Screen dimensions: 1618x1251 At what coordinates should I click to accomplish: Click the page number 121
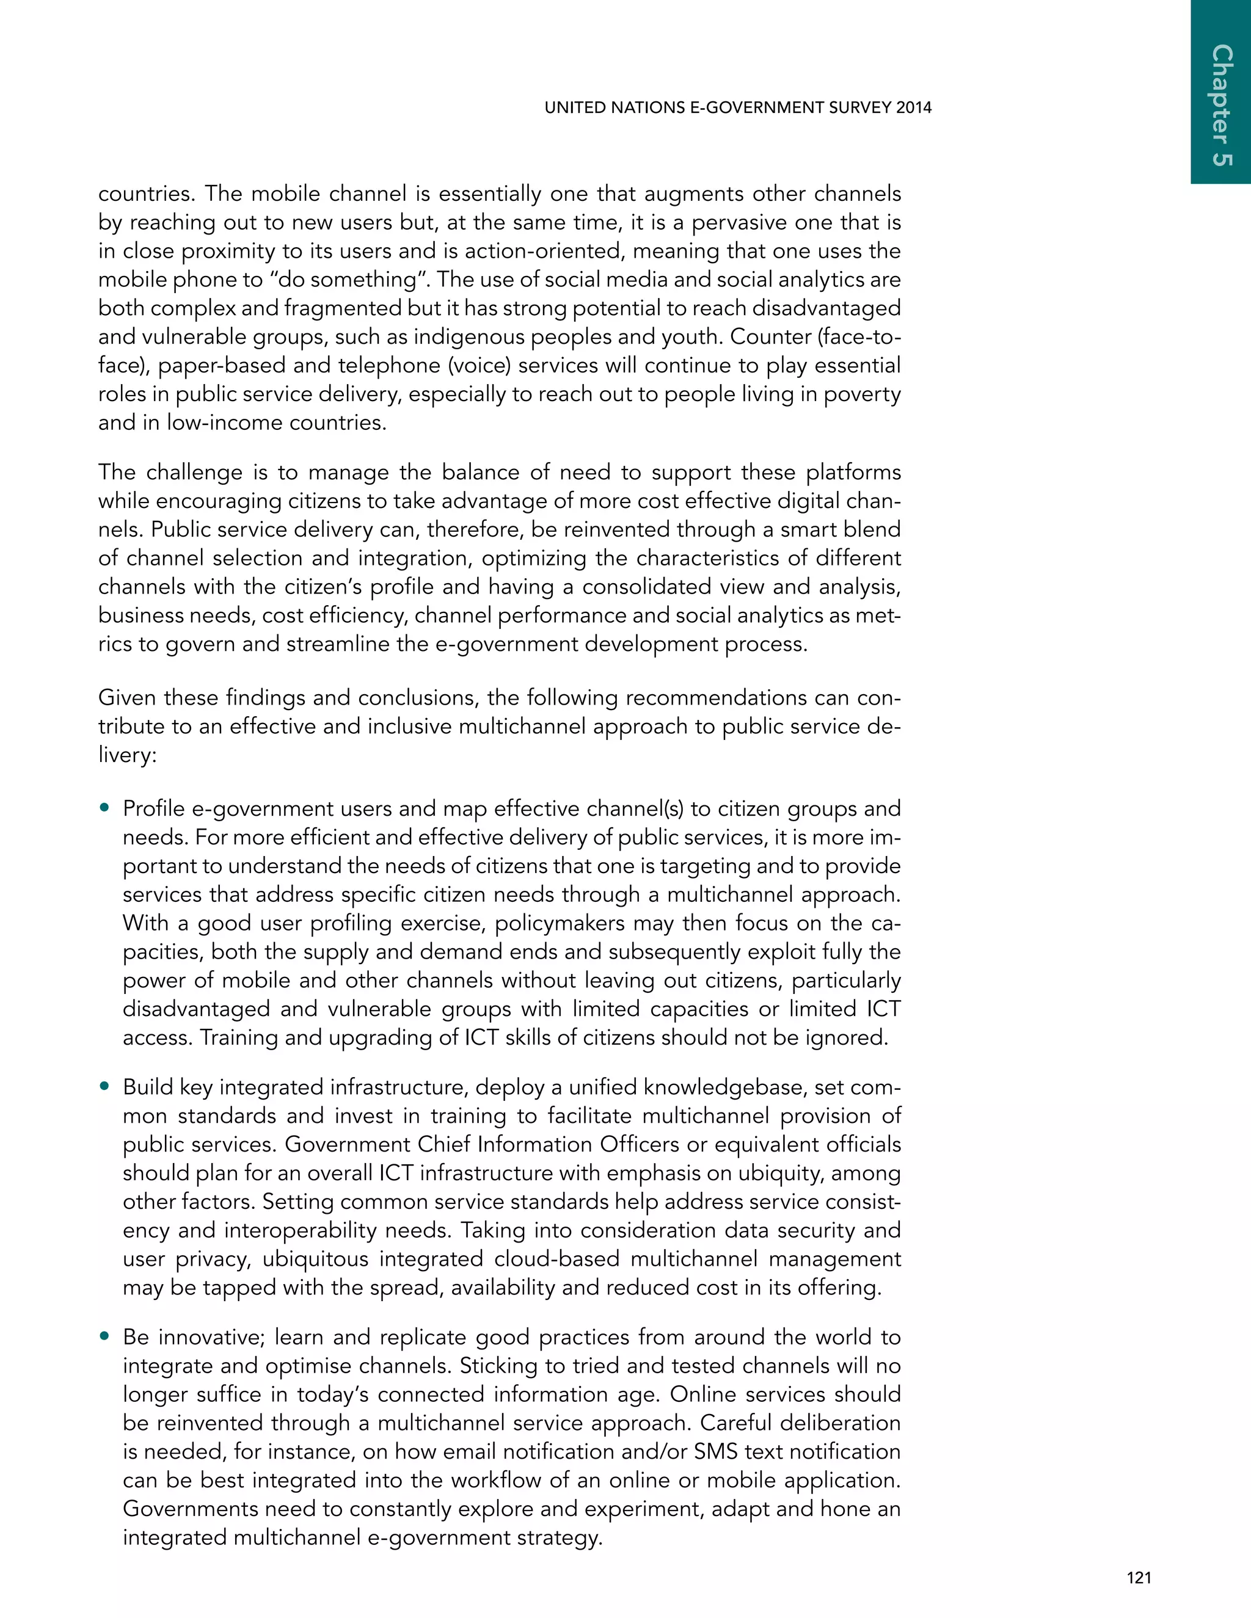coord(1139,1578)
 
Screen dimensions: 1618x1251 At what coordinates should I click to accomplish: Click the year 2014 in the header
coord(913,108)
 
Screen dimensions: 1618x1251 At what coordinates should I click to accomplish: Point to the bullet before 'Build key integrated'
coord(105,1087)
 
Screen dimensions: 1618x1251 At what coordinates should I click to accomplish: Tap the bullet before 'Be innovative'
coord(105,1337)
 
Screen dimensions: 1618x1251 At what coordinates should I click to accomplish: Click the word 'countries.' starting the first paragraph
coord(145,194)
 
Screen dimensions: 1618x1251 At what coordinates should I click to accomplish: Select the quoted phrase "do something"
coord(351,280)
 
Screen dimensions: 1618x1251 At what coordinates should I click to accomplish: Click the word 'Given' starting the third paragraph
coord(126,698)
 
